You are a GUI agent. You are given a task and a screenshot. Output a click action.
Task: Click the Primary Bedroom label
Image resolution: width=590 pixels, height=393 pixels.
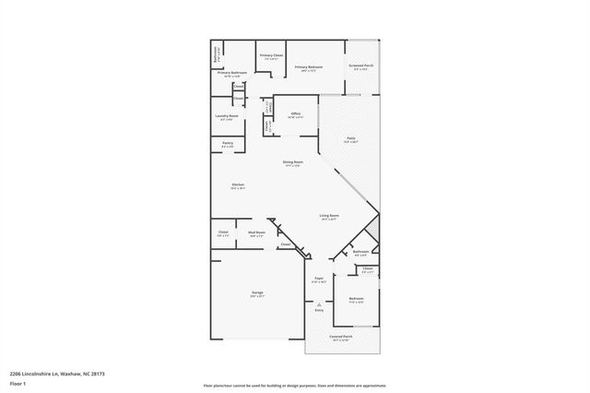(309, 67)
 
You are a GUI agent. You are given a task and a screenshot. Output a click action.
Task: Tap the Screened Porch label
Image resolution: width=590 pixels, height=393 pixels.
(360, 66)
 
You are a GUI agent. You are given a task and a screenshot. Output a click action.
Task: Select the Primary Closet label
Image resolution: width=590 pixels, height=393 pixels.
(271, 55)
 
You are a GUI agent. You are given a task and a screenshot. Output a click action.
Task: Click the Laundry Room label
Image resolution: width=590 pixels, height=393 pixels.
(228, 116)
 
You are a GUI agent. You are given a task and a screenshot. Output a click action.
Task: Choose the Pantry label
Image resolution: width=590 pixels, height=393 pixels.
(228, 143)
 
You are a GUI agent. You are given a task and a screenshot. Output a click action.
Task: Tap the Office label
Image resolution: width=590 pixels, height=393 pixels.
(296, 113)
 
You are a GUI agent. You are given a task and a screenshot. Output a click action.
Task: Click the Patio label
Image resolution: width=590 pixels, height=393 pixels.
(351, 138)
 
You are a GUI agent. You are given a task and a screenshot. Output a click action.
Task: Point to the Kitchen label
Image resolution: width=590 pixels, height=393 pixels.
(238, 185)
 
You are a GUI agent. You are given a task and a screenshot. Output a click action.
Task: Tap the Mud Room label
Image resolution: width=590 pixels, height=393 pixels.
(256, 232)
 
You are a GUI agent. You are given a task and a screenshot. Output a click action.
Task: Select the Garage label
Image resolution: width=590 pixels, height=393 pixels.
(257, 293)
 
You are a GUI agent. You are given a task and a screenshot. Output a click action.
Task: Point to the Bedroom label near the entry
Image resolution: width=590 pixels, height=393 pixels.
(356, 298)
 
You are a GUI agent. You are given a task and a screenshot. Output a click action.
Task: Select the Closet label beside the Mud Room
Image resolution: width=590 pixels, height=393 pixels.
(223, 232)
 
